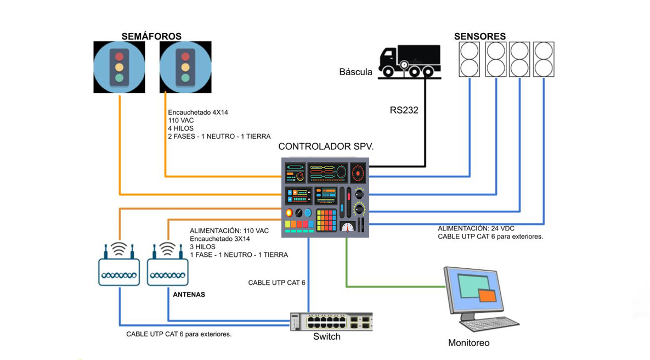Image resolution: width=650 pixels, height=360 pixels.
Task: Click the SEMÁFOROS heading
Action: point(151,36)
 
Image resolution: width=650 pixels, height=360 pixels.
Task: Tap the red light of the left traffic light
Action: point(119,57)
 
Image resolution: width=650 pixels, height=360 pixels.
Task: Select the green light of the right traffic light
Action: point(186,77)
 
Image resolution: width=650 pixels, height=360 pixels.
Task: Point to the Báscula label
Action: point(355,72)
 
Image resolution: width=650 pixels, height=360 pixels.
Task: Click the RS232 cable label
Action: point(404,110)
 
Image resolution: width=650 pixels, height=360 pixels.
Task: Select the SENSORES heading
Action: point(480,36)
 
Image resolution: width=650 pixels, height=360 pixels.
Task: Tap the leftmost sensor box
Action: point(469,59)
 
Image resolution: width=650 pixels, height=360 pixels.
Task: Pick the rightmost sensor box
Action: point(544,59)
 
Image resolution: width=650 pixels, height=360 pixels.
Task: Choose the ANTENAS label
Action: point(189,295)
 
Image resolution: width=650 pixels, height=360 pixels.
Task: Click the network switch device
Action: point(331,322)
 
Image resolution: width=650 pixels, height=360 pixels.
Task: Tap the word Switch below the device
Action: point(327,336)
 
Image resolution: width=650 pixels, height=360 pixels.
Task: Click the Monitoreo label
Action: point(468,343)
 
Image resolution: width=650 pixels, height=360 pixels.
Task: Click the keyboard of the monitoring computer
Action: point(490,324)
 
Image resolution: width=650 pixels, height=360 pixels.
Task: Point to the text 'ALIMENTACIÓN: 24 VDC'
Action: point(476,228)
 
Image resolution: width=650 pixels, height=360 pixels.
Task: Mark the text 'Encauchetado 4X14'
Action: point(198,113)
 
